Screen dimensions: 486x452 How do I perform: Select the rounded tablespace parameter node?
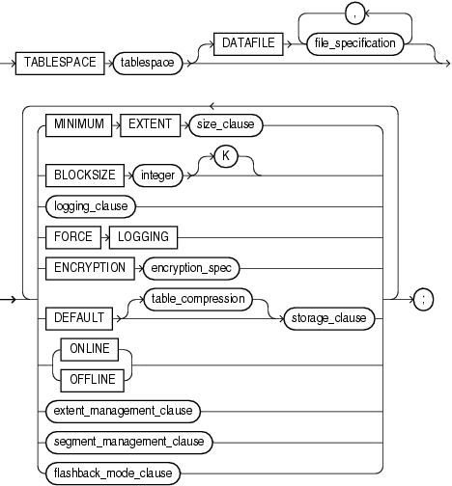point(148,64)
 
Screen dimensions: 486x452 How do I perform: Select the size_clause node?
point(226,123)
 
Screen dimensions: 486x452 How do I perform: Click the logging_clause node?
point(89,206)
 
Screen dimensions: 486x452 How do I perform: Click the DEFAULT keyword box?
point(74,312)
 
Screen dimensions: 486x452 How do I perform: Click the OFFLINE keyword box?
point(92,379)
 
